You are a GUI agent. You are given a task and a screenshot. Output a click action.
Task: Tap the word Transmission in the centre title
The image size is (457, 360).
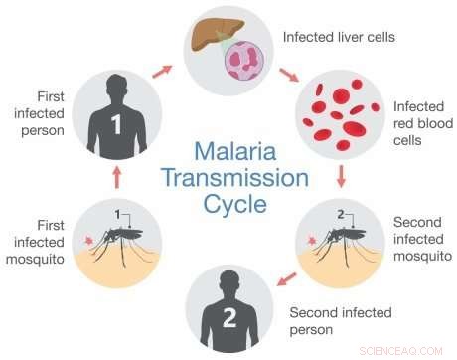[x=228, y=181]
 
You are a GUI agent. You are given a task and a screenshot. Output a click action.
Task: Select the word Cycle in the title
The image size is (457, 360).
[x=229, y=206]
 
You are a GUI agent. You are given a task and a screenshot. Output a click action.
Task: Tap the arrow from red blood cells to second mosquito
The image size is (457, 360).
[x=340, y=178]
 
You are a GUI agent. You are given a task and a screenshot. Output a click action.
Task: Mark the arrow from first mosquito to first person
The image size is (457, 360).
[x=116, y=177]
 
